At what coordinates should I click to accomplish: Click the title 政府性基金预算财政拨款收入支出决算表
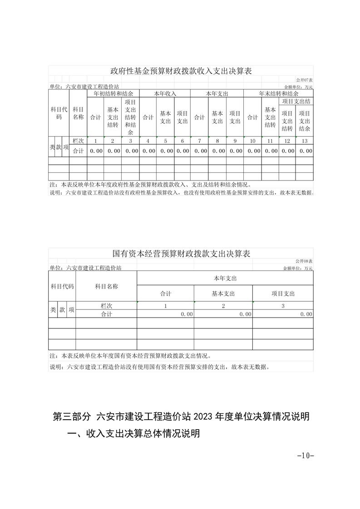tap(181, 71)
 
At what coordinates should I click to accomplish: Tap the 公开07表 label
tap(304, 80)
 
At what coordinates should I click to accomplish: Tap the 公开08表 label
tap(304, 261)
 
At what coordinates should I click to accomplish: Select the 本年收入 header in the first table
tap(165, 93)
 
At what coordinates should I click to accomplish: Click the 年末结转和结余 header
tap(278, 93)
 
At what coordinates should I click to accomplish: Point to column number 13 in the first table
tap(304, 141)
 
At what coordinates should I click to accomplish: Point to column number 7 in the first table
tap(199, 141)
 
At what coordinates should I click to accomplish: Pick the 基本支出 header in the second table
tap(223, 294)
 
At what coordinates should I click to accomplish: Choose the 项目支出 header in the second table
tap(283, 294)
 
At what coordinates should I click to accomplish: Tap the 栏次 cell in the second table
tap(106, 306)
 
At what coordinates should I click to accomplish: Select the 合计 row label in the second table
tap(106, 314)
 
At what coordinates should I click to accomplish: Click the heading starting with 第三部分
tap(181, 416)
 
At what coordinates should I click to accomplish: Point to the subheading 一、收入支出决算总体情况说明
tap(133, 434)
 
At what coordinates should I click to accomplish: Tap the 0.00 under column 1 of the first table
tap(96, 151)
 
